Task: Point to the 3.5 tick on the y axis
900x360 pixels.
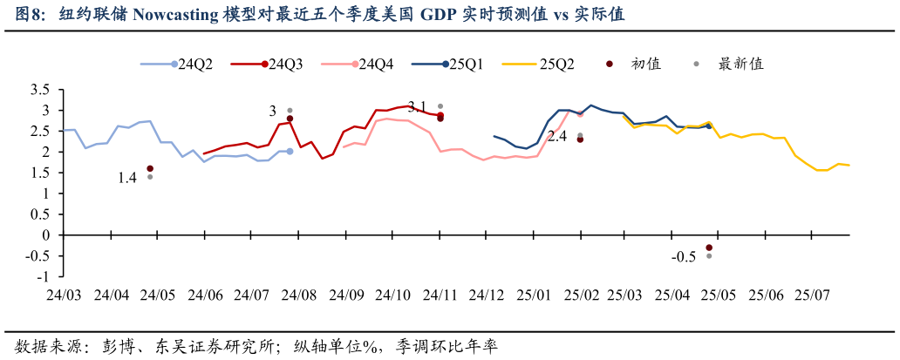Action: pos(38,90)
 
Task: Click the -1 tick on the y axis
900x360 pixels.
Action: pos(42,276)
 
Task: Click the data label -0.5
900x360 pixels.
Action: pos(684,257)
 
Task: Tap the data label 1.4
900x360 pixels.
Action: pos(127,178)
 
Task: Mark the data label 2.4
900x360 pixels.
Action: pos(556,136)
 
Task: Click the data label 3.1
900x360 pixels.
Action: pos(417,107)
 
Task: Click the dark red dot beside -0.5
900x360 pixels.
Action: pos(709,248)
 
